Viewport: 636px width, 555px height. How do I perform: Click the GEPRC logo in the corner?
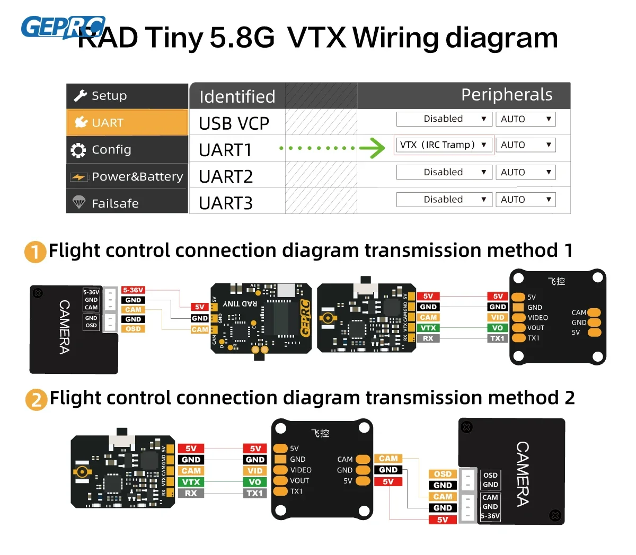[x=63, y=28]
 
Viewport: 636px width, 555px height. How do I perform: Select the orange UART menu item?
[x=127, y=123]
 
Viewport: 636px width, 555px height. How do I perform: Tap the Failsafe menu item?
[x=127, y=203]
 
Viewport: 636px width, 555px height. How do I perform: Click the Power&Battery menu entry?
[x=127, y=176]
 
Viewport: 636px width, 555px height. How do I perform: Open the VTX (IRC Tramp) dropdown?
[x=444, y=145]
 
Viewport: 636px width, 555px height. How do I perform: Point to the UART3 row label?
[x=226, y=203]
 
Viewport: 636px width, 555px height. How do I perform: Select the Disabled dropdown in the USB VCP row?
[x=444, y=119]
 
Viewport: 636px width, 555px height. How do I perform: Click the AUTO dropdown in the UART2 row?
[x=525, y=172]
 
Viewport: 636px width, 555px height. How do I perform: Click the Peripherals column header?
[x=506, y=95]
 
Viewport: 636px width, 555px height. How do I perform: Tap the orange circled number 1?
[x=35, y=252]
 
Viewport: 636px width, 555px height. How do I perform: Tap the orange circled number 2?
[x=36, y=399]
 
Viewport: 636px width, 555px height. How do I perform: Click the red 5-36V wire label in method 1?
[x=133, y=290]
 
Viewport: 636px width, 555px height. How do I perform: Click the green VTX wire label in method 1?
[x=428, y=328]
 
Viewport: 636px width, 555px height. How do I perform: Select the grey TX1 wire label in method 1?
[x=497, y=338]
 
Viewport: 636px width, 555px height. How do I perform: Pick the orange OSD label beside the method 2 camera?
[x=443, y=474]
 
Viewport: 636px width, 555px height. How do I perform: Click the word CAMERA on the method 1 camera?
[x=64, y=327]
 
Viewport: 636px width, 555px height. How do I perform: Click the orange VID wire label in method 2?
[x=255, y=471]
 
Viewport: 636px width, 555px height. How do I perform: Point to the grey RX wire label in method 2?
[x=191, y=493]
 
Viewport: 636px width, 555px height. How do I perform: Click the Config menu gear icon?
[x=78, y=150]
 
